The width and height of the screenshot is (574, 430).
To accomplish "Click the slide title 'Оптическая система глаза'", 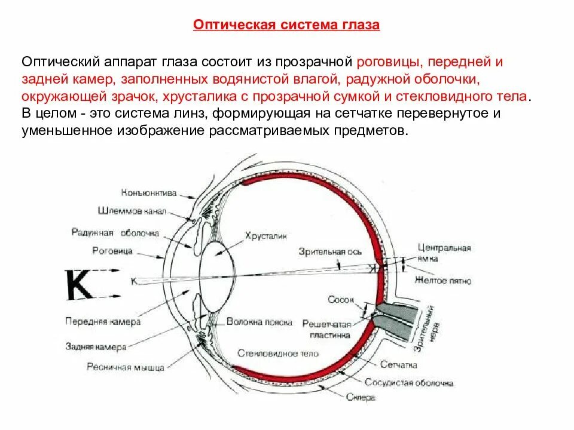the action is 286,26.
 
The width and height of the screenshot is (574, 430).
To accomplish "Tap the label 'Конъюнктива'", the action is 149,193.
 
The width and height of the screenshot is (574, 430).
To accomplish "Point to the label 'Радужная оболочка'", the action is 114,232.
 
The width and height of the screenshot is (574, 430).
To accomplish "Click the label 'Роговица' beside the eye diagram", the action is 112,251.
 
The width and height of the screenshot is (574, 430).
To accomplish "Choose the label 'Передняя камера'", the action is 103,321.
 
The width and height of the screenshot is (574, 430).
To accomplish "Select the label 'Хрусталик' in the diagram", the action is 261,236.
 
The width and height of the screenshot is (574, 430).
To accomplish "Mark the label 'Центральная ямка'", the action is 444,253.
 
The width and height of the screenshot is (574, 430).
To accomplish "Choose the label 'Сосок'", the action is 341,299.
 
